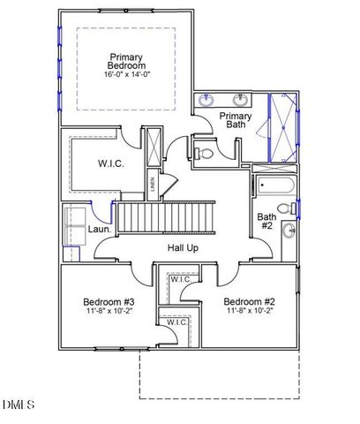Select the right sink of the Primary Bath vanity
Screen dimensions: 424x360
[x=241, y=100]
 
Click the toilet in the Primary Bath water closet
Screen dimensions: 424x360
[x=206, y=154]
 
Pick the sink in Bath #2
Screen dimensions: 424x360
[x=289, y=231]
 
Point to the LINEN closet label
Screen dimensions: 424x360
[x=153, y=185]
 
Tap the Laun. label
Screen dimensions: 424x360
[x=100, y=230]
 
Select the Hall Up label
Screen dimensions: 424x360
[x=182, y=248]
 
